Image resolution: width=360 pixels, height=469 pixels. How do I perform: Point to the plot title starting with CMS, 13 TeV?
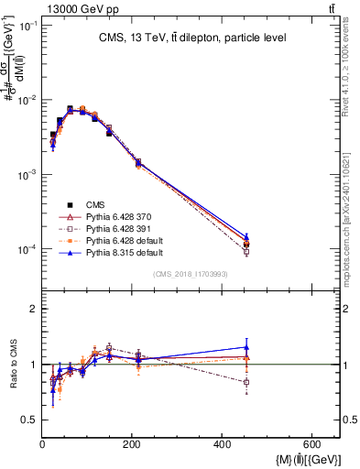pos(191,38)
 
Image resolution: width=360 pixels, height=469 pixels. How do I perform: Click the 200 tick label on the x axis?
pos(193,444)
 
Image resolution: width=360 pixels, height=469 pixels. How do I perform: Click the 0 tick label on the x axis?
pos(43,444)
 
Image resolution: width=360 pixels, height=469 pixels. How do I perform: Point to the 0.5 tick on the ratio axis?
pos(28,420)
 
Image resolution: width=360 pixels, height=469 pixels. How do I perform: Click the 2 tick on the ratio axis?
pos(33,310)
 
